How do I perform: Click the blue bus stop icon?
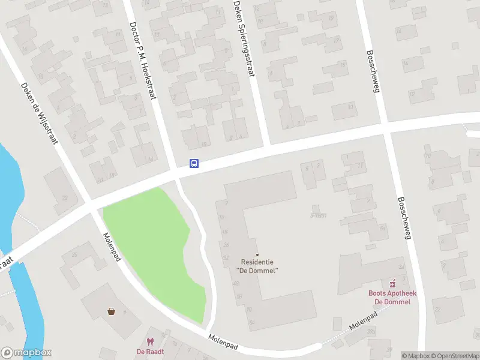click(194, 163)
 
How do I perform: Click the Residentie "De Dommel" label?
click(258, 266)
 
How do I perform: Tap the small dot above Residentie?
click(258, 255)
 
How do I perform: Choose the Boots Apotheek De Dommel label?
click(392, 297)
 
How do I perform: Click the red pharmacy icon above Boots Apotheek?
click(394, 283)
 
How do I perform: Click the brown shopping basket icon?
click(112, 311)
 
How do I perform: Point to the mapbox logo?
click(26, 353)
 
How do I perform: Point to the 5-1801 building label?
click(318, 215)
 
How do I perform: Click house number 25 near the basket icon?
click(74, 255)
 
